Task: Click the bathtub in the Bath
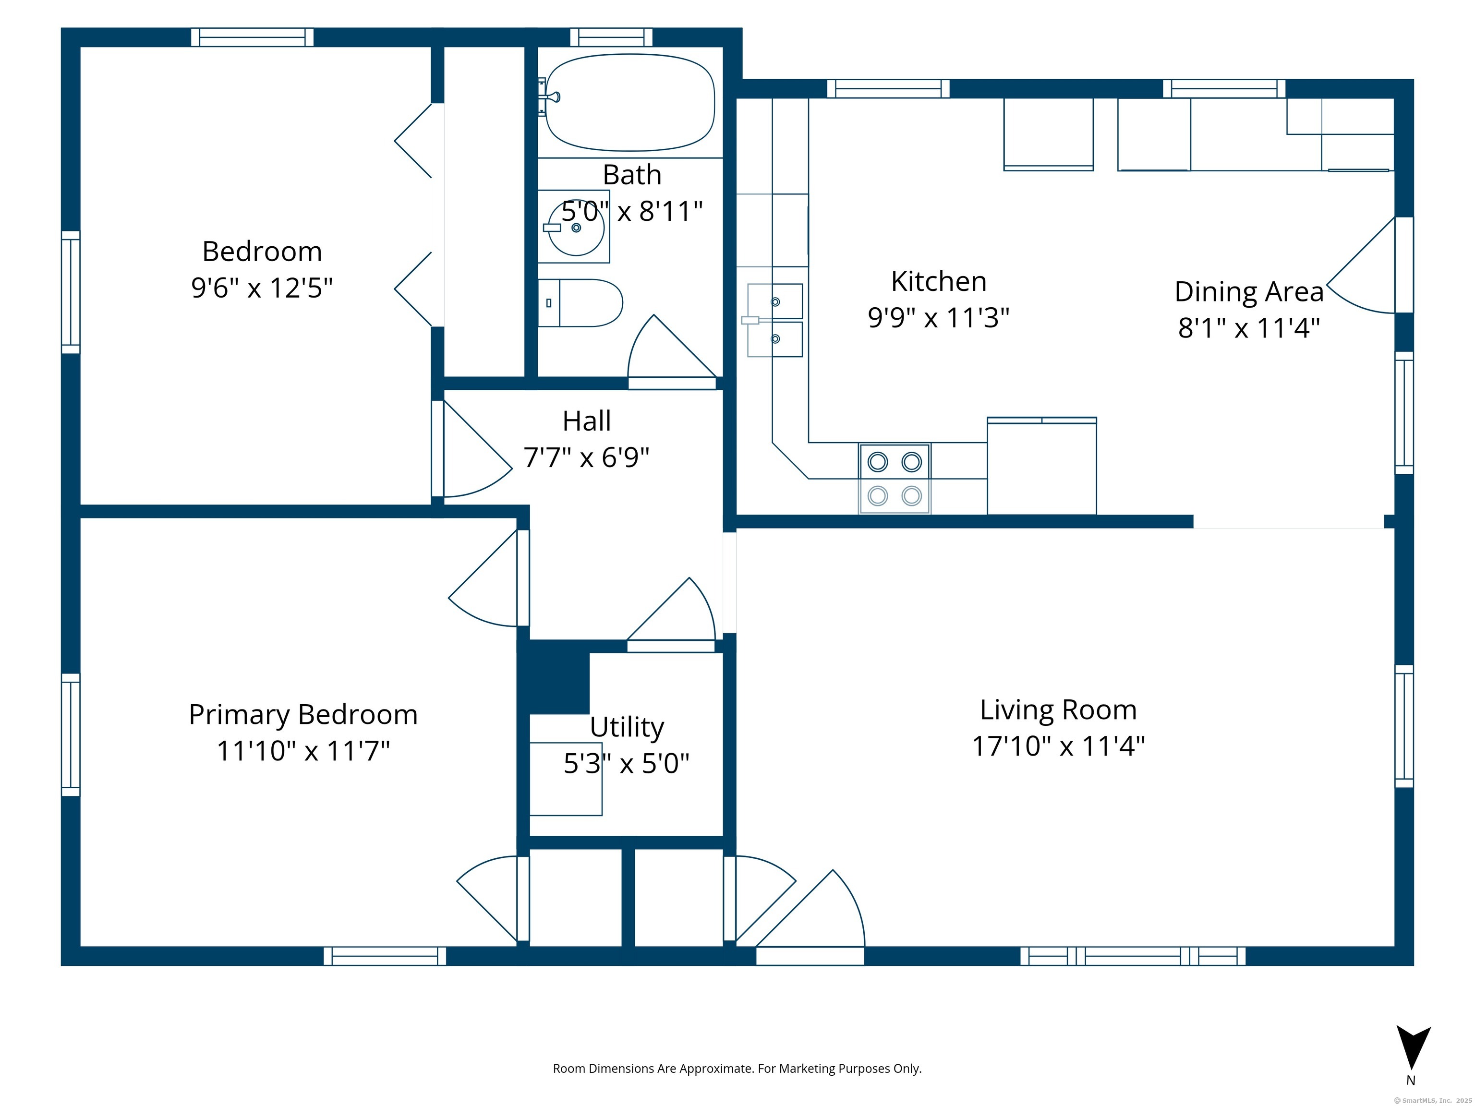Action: click(629, 102)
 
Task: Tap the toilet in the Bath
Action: click(580, 303)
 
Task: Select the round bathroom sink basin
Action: click(576, 228)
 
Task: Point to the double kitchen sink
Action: click(774, 320)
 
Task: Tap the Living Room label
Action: click(1058, 709)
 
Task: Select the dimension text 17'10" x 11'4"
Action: click(1058, 746)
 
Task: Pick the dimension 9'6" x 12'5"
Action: click(262, 288)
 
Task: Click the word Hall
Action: click(587, 421)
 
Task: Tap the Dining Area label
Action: click(1249, 291)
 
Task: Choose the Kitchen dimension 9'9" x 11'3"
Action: click(939, 317)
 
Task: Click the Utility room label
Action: click(627, 727)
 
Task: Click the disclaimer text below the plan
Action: click(737, 1069)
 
